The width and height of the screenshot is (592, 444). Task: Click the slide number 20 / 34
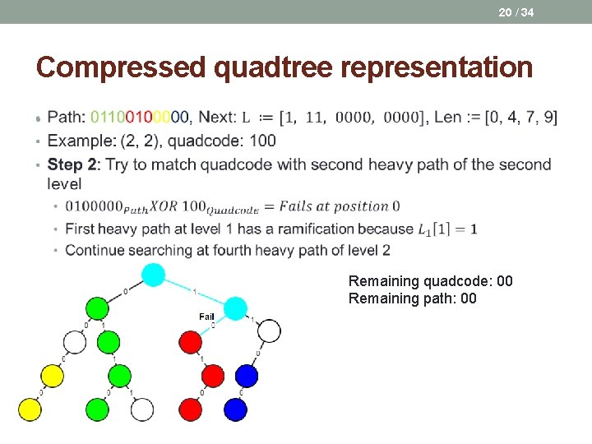coord(515,12)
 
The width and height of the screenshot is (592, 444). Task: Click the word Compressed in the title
coord(121,67)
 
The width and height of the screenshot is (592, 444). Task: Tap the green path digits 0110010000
coord(140,118)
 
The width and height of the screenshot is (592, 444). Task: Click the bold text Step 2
coord(72,164)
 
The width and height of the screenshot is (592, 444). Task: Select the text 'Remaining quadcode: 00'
coord(430,281)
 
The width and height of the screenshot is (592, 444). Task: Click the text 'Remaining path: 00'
coord(412,298)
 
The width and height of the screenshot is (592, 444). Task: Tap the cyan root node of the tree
coord(154,275)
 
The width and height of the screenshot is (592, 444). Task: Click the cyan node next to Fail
coord(235,308)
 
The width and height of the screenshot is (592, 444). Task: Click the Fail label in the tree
coord(206,317)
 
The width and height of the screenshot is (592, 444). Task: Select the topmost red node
coord(190,341)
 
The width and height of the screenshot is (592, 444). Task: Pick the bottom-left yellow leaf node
coord(30,409)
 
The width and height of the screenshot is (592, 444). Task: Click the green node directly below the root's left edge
coord(97,308)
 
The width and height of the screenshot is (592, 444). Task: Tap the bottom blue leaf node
coord(235,409)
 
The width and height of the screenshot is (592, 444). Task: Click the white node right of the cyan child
coord(269,331)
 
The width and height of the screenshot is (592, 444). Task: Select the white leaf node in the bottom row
coord(142,409)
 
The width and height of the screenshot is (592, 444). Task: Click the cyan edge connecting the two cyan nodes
coord(195,291)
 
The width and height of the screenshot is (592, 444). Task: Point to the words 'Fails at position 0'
coord(338,206)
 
